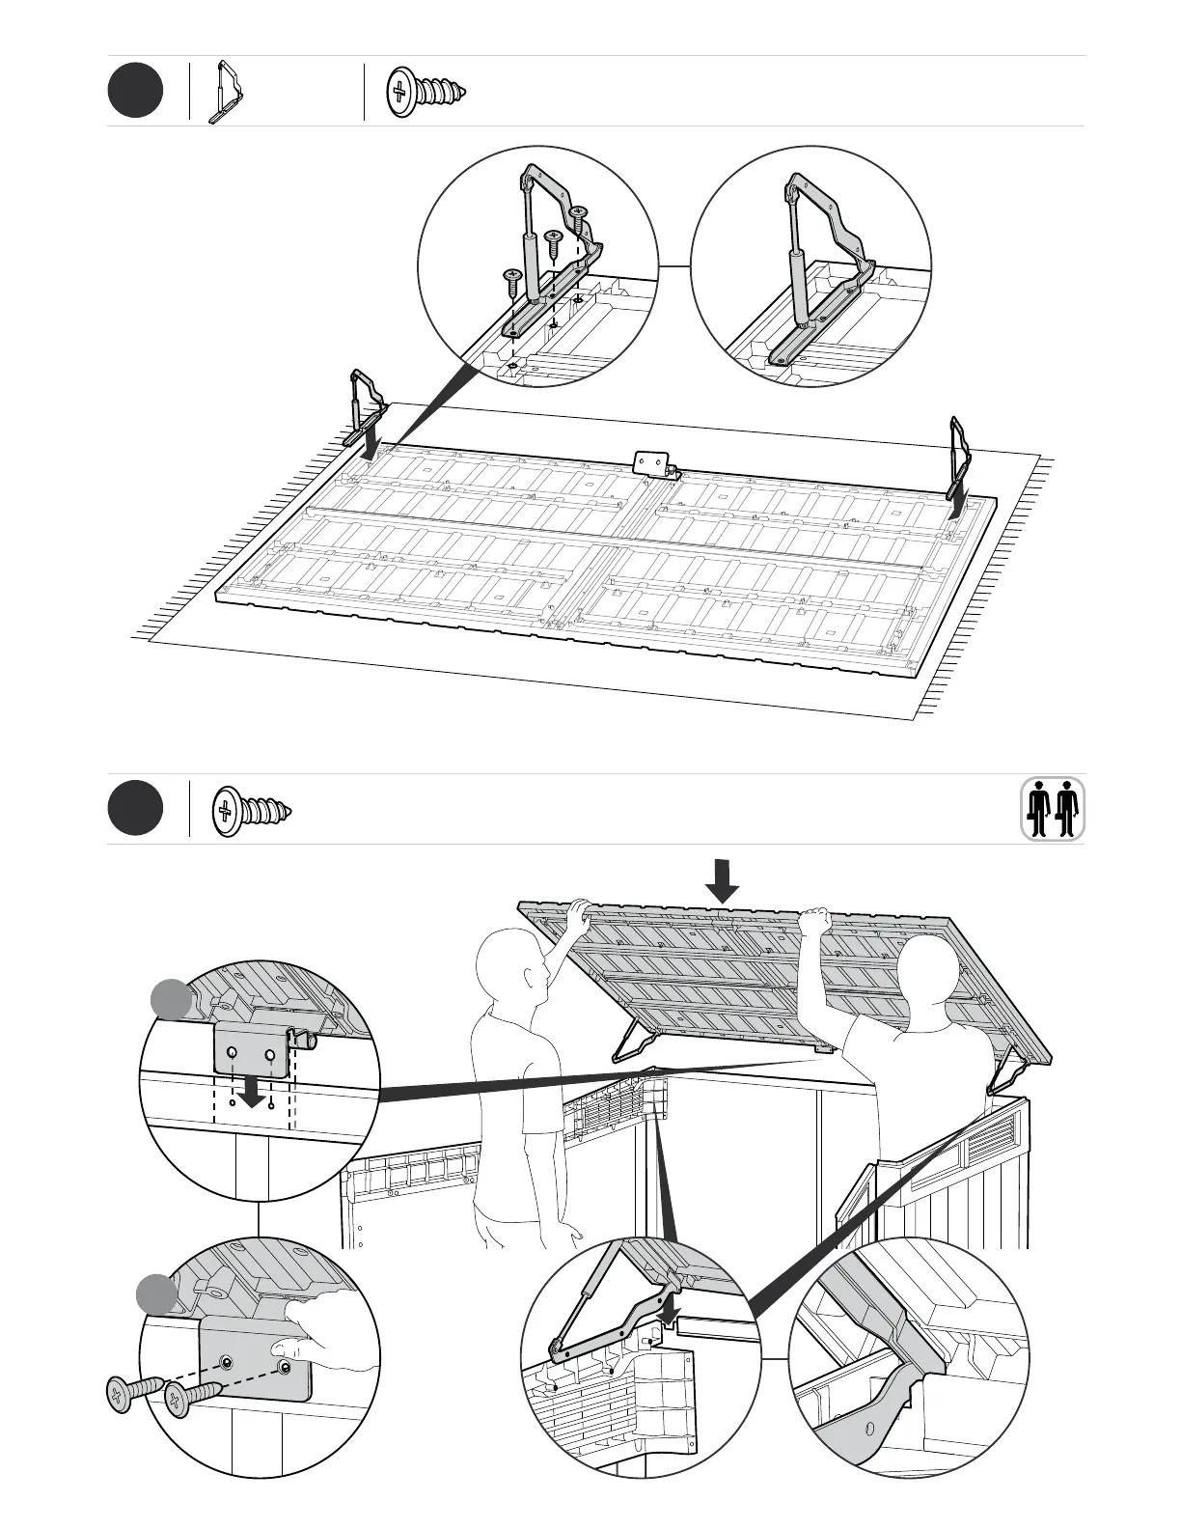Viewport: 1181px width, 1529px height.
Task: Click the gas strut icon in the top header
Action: tap(229, 93)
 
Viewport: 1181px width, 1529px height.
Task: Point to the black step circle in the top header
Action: tap(135, 91)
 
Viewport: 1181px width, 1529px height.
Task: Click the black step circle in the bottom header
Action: tap(135, 809)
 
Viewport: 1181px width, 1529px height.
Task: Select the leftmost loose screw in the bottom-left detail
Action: tap(128, 1395)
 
